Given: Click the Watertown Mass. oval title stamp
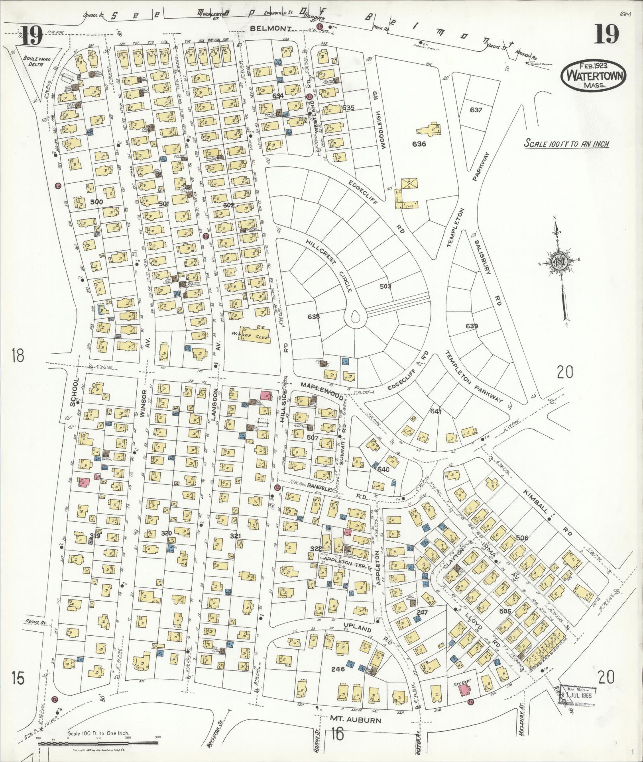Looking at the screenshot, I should [x=593, y=76].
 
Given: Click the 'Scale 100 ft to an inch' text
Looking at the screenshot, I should [x=566, y=144].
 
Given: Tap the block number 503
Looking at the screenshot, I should [x=385, y=286].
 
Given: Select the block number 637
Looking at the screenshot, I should [x=476, y=110].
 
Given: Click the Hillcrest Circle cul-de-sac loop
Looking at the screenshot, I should [x=356, y=317].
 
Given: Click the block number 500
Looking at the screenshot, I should [x=96, y=202].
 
